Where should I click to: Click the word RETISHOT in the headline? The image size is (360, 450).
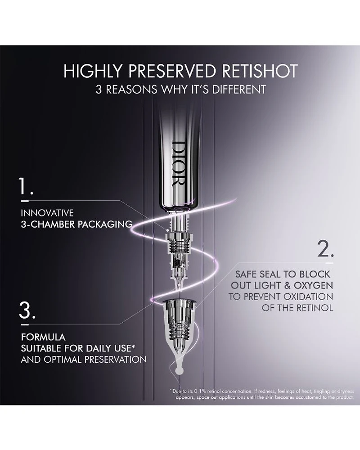[260, 71]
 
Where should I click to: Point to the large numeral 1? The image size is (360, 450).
[26, 186]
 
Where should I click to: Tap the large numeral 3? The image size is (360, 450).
[27, 310]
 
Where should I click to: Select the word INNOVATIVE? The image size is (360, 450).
[47, 213]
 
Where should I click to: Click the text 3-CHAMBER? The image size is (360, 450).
[48, 224]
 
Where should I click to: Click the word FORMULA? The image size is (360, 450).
[43, 337]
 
